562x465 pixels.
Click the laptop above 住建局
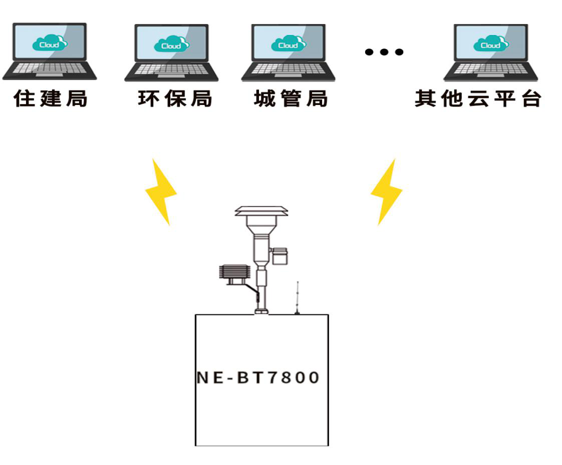[50, 51]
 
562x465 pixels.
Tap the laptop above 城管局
[288, 52]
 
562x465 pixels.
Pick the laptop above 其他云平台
[490, 52]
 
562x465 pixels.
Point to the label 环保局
[175, 98]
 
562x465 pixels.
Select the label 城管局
[291, 98]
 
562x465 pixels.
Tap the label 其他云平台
[478, 98]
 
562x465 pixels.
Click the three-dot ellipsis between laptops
[384, 51]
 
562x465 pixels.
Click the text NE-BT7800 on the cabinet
[258, 377]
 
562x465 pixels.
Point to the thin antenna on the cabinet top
[297, 297]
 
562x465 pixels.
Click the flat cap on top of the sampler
[261, 210]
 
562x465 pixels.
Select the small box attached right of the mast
[279, 256]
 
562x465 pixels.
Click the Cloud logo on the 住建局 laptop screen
[50, 44]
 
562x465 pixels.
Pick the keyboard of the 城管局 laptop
[288, 69]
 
